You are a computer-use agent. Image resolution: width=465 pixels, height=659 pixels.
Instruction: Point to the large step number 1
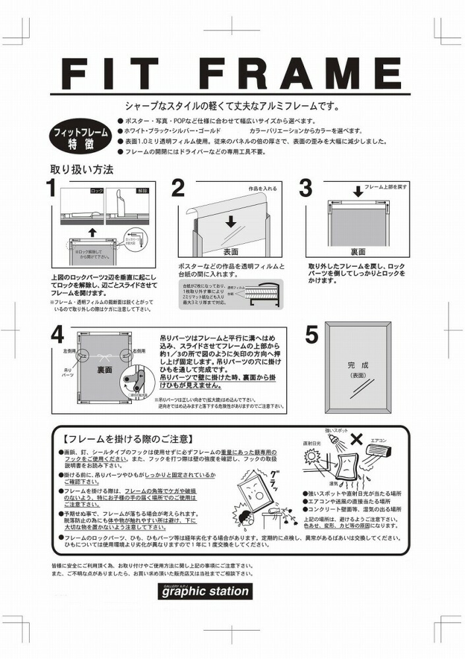coord(51,188)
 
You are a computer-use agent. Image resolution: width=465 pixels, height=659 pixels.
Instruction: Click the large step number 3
coord(305,188)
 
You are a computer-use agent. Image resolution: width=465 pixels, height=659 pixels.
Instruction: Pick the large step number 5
coord(311,335)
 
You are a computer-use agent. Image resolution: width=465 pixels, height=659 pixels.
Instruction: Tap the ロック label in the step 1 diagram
coord(96,190)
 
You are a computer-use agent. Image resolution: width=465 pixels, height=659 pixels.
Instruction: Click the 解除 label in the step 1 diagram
coord(142,190)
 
